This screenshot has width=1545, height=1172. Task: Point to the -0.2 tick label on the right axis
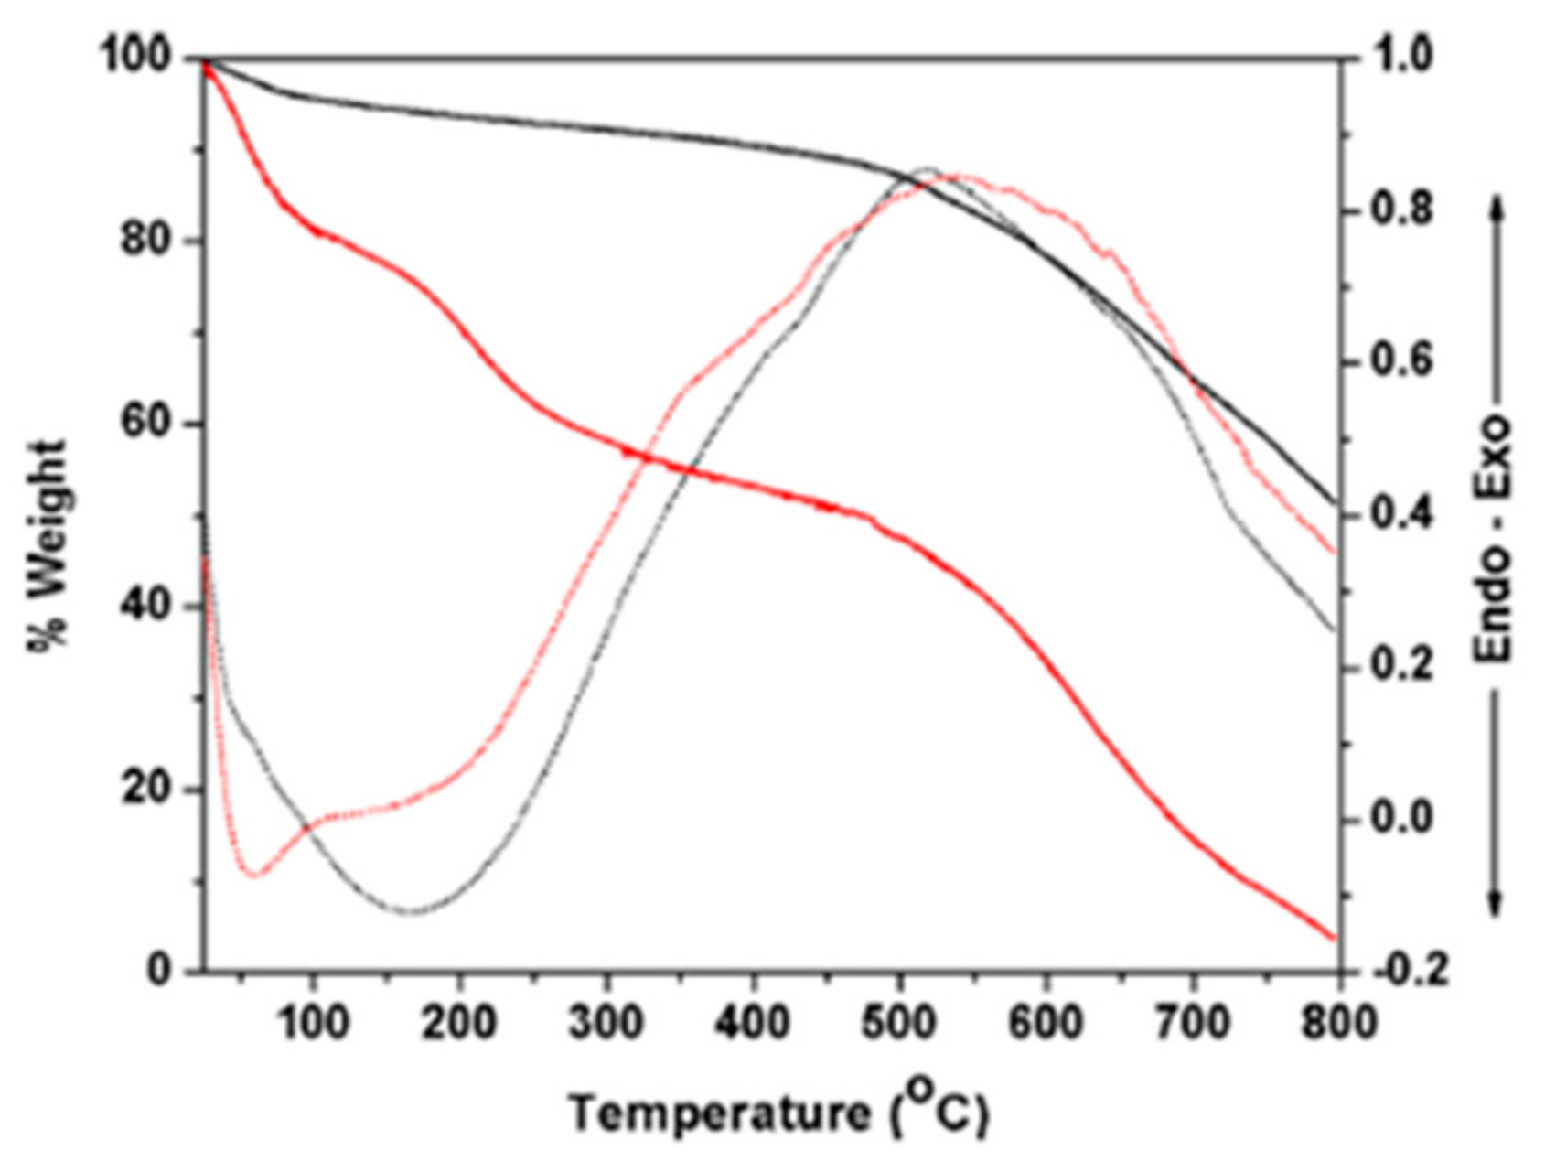1409,970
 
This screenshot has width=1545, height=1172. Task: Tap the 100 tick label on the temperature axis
313,1021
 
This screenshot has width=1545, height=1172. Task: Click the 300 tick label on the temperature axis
606,1021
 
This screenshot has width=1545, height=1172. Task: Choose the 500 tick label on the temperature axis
900,1021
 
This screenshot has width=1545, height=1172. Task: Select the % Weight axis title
48,547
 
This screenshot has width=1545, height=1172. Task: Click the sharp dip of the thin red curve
253,875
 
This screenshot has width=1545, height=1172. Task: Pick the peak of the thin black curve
928,168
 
